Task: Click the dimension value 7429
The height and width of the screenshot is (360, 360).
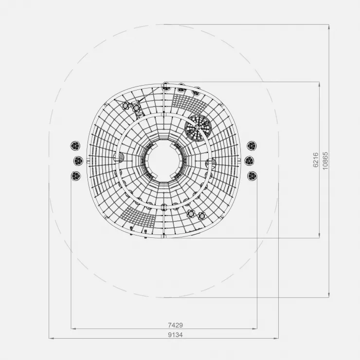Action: tap(176, 325)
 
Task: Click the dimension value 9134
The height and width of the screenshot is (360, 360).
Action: tap(176, 335)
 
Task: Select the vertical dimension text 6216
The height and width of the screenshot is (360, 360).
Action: tap(316, 160)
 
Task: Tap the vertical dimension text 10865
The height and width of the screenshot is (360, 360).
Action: tap(325, 161)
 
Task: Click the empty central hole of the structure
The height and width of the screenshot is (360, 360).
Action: tap(164, 161)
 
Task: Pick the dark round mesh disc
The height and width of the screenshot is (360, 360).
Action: tap(198, 127)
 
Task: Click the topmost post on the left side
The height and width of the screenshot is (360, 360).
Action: tap(75, 145)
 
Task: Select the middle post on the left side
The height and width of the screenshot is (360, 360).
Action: tap(78, 161)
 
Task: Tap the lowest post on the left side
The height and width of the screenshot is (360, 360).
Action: tap(76, 176)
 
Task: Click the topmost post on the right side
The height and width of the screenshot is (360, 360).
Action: tap(252, 146)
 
